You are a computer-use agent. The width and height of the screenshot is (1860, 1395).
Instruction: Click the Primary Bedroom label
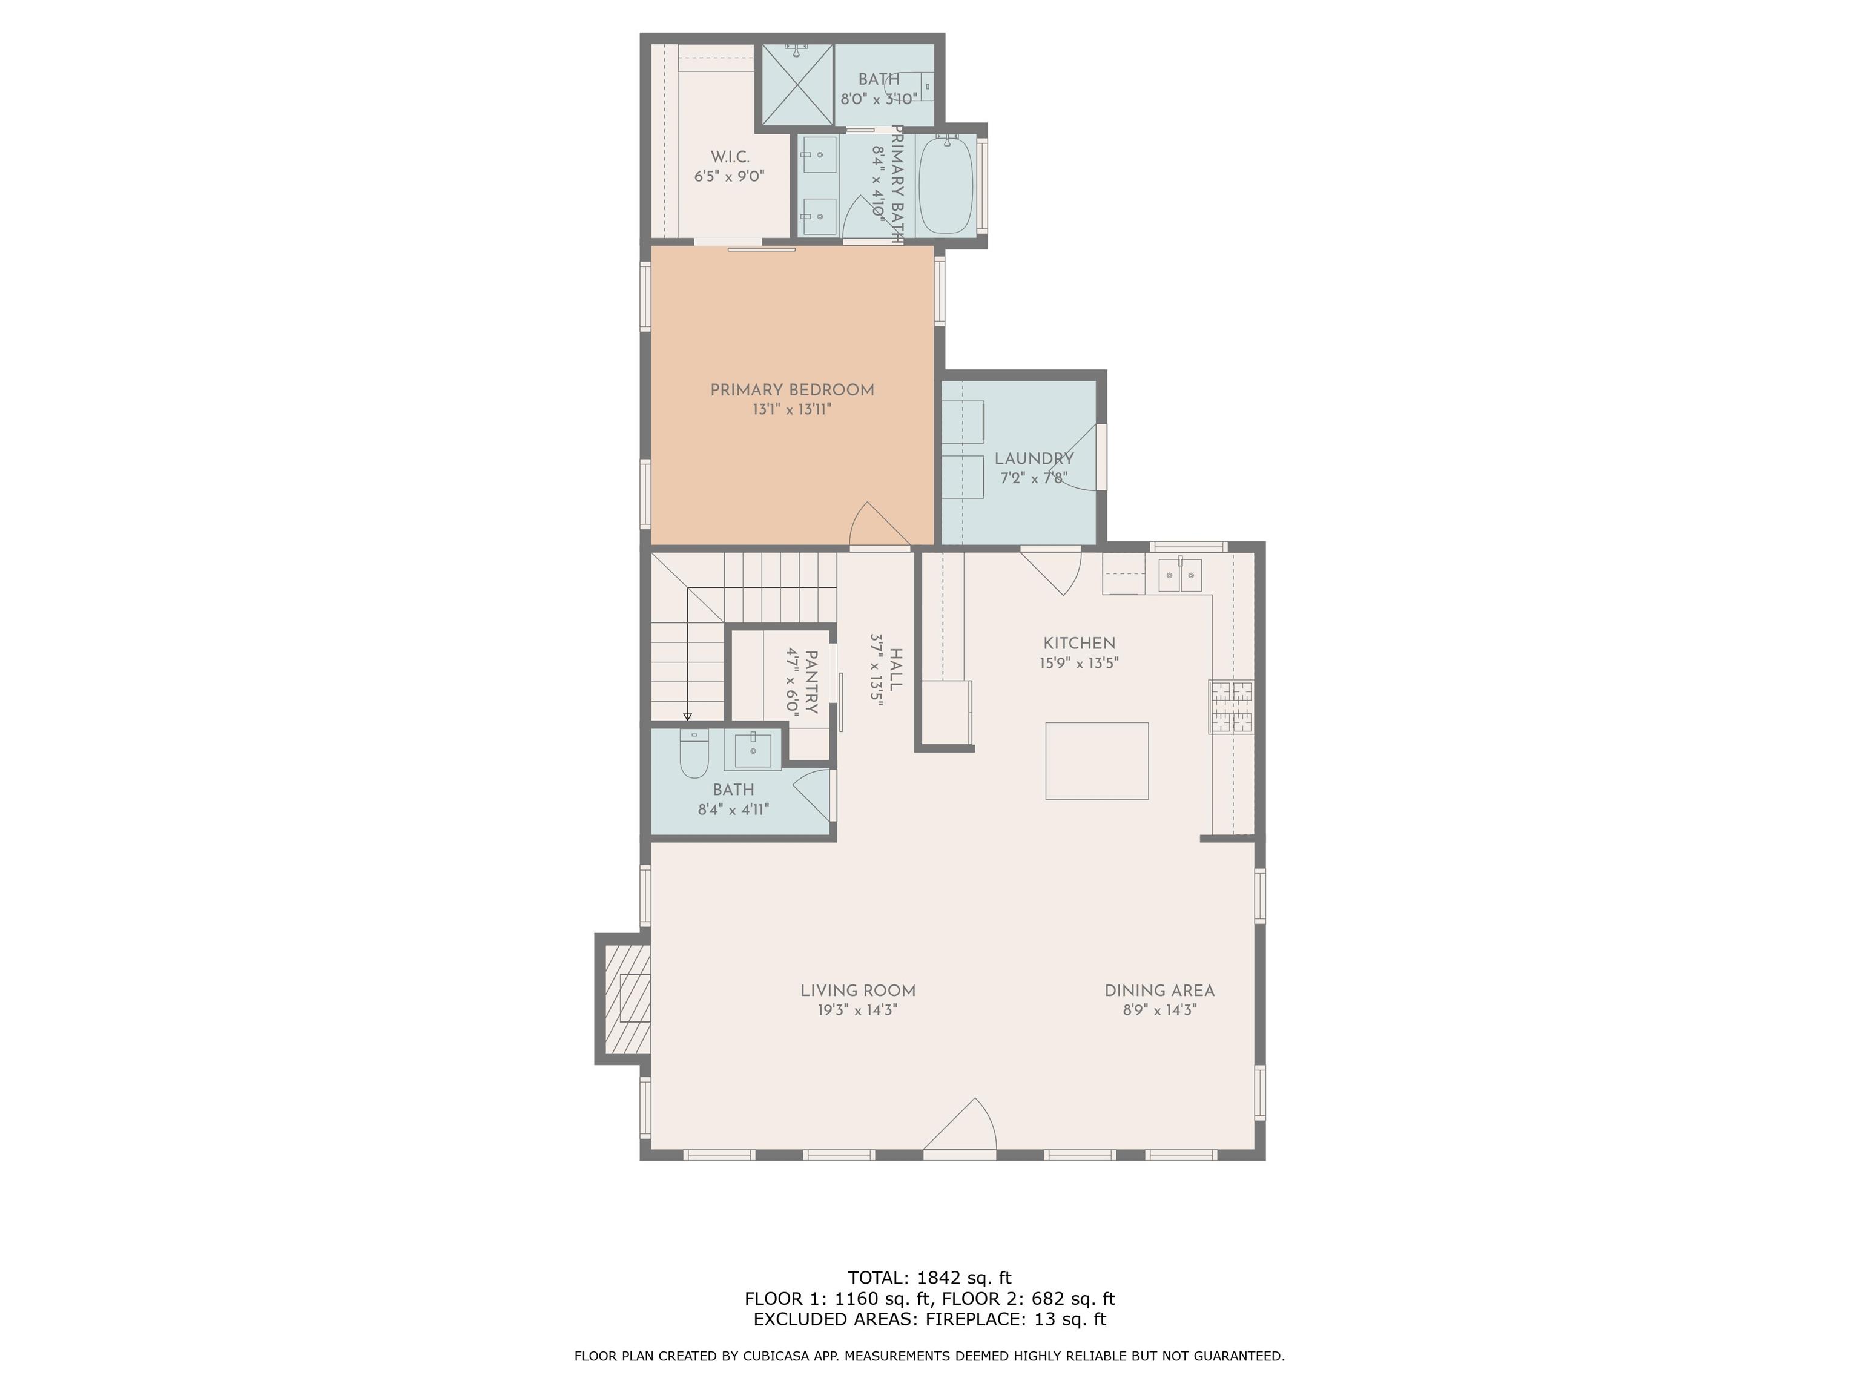click(x=792, y=390)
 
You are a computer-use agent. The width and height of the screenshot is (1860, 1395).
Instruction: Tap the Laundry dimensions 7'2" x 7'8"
click(x=1034, y=478)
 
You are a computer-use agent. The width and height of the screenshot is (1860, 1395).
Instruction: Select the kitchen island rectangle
click(x=1097, y=761)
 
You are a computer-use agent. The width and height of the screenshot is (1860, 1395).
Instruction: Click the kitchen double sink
click(x=1181, y=575)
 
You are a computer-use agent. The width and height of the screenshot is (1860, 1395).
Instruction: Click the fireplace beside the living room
click(x=624, y=998)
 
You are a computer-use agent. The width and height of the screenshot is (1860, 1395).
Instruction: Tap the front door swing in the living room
click(x=960, y=1124)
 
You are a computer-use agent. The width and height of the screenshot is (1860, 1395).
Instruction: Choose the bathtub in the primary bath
click(x=946, y=185)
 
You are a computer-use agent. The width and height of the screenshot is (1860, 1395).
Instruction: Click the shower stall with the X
click(x=798, y=84)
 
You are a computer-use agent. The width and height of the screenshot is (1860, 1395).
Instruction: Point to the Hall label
click(x=896, y=669)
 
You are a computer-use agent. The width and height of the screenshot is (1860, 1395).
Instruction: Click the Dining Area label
click(x=1159, y=991)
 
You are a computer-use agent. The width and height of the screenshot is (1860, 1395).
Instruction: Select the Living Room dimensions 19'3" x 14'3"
click(x=858, y=1010)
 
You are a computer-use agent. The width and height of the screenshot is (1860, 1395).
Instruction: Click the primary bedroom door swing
click(x=880, y=526)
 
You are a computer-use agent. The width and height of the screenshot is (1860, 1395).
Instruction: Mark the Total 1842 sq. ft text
click(x=930, y=1278)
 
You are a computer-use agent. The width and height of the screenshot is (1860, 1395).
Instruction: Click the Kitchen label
click(x=1080, y=643)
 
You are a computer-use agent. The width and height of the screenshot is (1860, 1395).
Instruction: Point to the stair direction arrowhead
click(x=688, y=716)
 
